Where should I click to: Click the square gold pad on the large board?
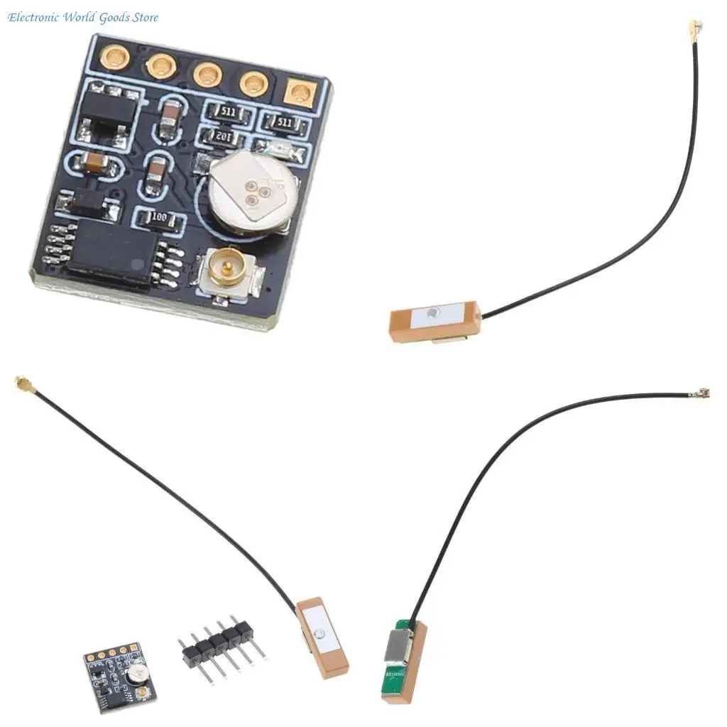tap(302, 92)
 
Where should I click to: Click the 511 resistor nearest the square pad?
tap(285, 123)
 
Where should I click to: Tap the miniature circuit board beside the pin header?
tap(120, 670)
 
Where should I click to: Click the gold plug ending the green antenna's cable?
tap(704, 392)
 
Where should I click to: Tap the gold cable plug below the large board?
tap(18, 383)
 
